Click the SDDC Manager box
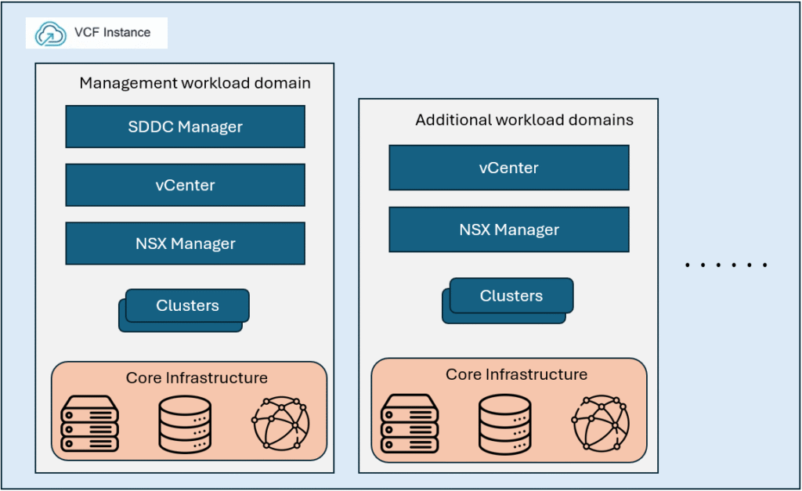185,127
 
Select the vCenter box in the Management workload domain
185,185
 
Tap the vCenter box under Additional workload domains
508,168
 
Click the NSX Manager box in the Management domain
185,244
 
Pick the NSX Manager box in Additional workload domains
508,229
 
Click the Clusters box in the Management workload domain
186,306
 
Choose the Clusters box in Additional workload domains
511,297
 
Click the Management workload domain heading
195,83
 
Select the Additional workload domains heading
524,120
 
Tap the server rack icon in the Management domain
89,424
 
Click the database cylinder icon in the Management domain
185,424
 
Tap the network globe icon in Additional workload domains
601,421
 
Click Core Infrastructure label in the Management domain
197,378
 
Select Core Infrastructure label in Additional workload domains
516,374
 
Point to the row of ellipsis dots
726,265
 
